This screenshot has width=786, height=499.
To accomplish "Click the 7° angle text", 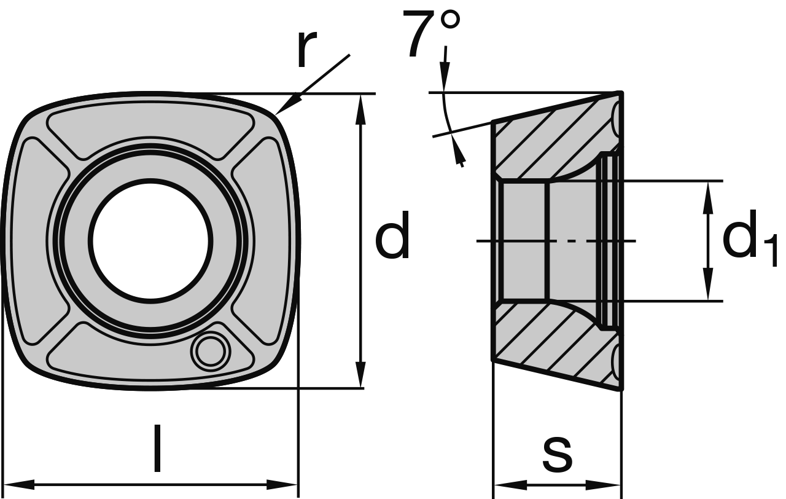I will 432,35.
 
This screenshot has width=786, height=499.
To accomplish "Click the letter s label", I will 557,455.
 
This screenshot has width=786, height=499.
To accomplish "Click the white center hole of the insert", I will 151,240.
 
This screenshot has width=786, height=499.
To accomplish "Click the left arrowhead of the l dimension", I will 16,484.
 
